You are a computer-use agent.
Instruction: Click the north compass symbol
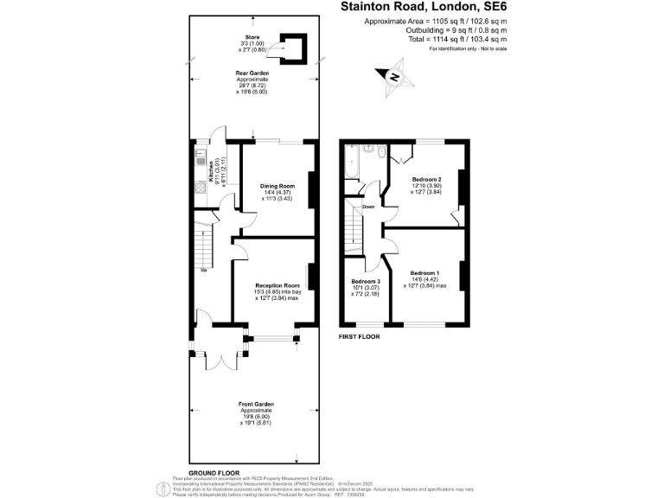coord(394,75)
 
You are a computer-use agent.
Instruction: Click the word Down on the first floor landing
coord(368,207)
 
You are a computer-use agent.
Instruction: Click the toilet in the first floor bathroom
coord(380,154)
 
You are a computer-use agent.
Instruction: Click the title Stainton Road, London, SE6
coord(421,7)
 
